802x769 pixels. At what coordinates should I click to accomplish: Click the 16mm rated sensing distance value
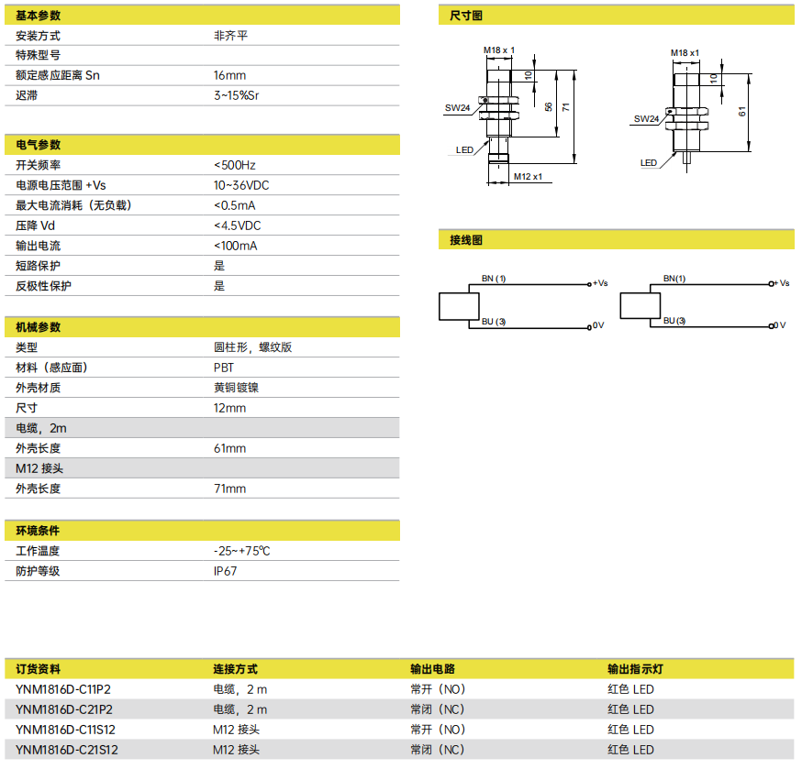229,75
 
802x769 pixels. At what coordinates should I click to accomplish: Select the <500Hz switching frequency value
235,165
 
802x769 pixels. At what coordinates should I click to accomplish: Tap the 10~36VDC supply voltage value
241,185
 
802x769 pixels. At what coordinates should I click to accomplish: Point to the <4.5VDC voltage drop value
238,225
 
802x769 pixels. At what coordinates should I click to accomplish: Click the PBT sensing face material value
224,368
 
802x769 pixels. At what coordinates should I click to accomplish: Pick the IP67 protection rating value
225,571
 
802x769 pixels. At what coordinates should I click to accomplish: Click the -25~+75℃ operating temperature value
242,551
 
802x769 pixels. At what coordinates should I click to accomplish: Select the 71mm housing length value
229,489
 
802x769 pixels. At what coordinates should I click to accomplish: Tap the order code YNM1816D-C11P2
63,689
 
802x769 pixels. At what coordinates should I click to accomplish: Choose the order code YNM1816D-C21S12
66,750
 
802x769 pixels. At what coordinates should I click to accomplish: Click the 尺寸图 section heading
466,16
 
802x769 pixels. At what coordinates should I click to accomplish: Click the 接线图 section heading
466,240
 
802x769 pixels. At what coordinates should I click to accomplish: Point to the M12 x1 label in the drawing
528,176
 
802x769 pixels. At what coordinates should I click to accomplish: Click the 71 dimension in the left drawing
565,107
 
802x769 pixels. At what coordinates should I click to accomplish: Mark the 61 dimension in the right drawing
742,112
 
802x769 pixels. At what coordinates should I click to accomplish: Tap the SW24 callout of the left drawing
457,108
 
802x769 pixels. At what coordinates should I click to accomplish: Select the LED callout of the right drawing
649,162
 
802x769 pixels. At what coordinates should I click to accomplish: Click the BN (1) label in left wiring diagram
494,279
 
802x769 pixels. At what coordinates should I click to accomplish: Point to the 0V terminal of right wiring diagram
779,325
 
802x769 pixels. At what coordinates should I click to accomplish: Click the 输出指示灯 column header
635,669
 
